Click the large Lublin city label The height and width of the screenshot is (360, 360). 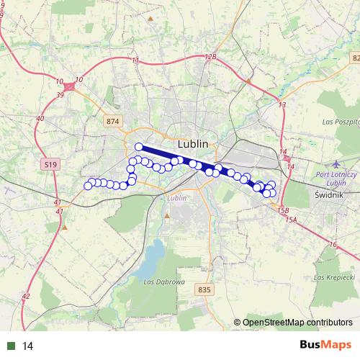click(192, 143)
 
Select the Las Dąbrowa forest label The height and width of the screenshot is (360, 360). click(159, 281)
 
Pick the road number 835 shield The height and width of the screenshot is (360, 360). click(204, 289)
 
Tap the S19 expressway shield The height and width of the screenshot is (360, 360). click(50, 165)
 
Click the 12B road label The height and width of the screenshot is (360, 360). click(210, 56)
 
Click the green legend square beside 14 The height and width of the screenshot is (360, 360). click(11, 346)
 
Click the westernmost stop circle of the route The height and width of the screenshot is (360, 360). click(89, 186)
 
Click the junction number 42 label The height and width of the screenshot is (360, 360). click(26, 296)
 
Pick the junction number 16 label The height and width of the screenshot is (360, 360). click(332, 246)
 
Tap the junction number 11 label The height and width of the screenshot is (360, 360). click(135, 60)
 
